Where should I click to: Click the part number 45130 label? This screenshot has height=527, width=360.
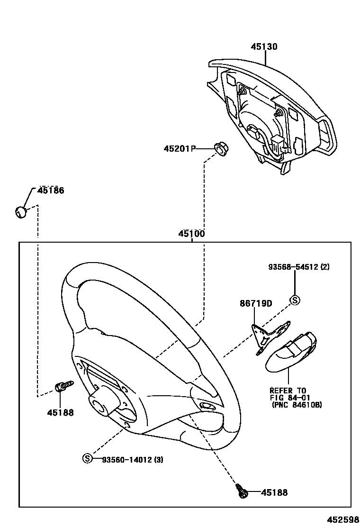point(264,47)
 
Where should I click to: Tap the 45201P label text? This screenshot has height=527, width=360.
point(180,149)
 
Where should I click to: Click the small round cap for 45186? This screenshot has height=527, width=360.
point(20,212)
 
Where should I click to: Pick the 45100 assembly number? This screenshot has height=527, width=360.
point(191,234)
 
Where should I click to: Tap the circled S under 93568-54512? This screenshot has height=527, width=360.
point(295,300)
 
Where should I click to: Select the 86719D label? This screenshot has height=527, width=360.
point(256,304)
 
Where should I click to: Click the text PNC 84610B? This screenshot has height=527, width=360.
point(297,405)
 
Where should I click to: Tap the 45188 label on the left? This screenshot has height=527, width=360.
point(60,412)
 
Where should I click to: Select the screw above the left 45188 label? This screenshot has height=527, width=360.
point(63,386)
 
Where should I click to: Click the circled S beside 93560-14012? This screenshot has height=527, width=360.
point(87,458)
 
